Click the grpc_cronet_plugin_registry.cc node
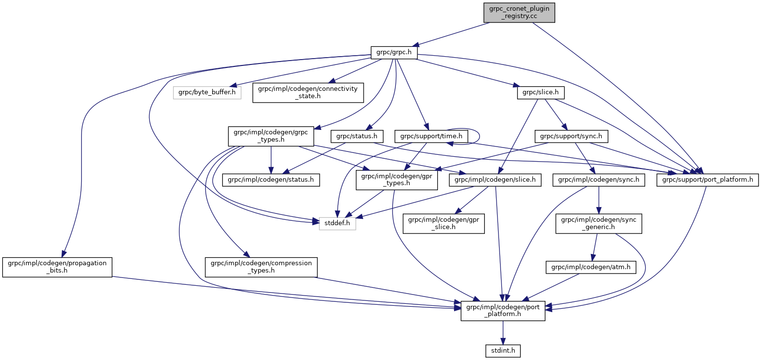tap(519, 13)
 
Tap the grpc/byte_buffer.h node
tap(207, 92)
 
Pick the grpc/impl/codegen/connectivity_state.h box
tap(308, 92)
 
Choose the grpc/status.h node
tap(357, 136)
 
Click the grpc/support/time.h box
tap(432, 136)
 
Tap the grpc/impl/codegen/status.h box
tap(271, 180)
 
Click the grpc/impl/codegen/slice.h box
tap(495, 180)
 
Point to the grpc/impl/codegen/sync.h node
tap(599, 180)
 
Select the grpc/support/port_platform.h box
tap(708, 180)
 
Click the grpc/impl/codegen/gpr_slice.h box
tap(443, 224)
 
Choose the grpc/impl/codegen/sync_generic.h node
tap(598, 224)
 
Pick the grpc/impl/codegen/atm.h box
tap(591, 267)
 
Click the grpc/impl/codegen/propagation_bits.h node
tap(57, 267)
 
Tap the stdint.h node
tap(503, 350)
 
